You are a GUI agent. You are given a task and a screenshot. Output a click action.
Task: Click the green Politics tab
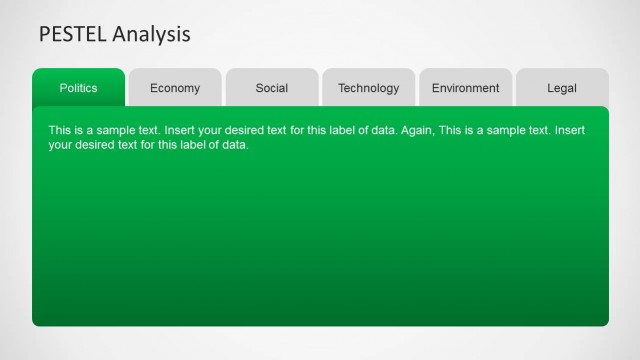[78, 88]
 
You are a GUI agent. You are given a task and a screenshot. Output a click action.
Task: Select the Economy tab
[175, 88]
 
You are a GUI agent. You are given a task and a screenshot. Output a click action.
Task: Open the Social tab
[272, 88]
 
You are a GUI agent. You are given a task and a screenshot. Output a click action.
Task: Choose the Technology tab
[368, 88]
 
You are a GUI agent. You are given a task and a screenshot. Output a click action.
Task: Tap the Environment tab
[465, 88]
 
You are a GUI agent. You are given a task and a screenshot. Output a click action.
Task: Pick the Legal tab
[562, 88]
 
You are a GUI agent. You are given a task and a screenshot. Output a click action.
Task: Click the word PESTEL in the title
[72, 34]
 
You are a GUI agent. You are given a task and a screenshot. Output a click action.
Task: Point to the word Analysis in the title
[151, 34]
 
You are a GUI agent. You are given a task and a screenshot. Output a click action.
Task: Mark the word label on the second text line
[187, 145]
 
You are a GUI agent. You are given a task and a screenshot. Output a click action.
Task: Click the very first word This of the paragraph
[60, 131]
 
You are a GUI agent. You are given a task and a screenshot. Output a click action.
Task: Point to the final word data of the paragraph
[234, 145]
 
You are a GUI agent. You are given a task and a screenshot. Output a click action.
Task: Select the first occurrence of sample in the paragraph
[116, 131]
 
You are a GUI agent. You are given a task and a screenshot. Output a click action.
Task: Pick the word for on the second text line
[152, 145]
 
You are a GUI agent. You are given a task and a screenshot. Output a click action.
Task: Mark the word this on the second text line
[167, 145]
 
